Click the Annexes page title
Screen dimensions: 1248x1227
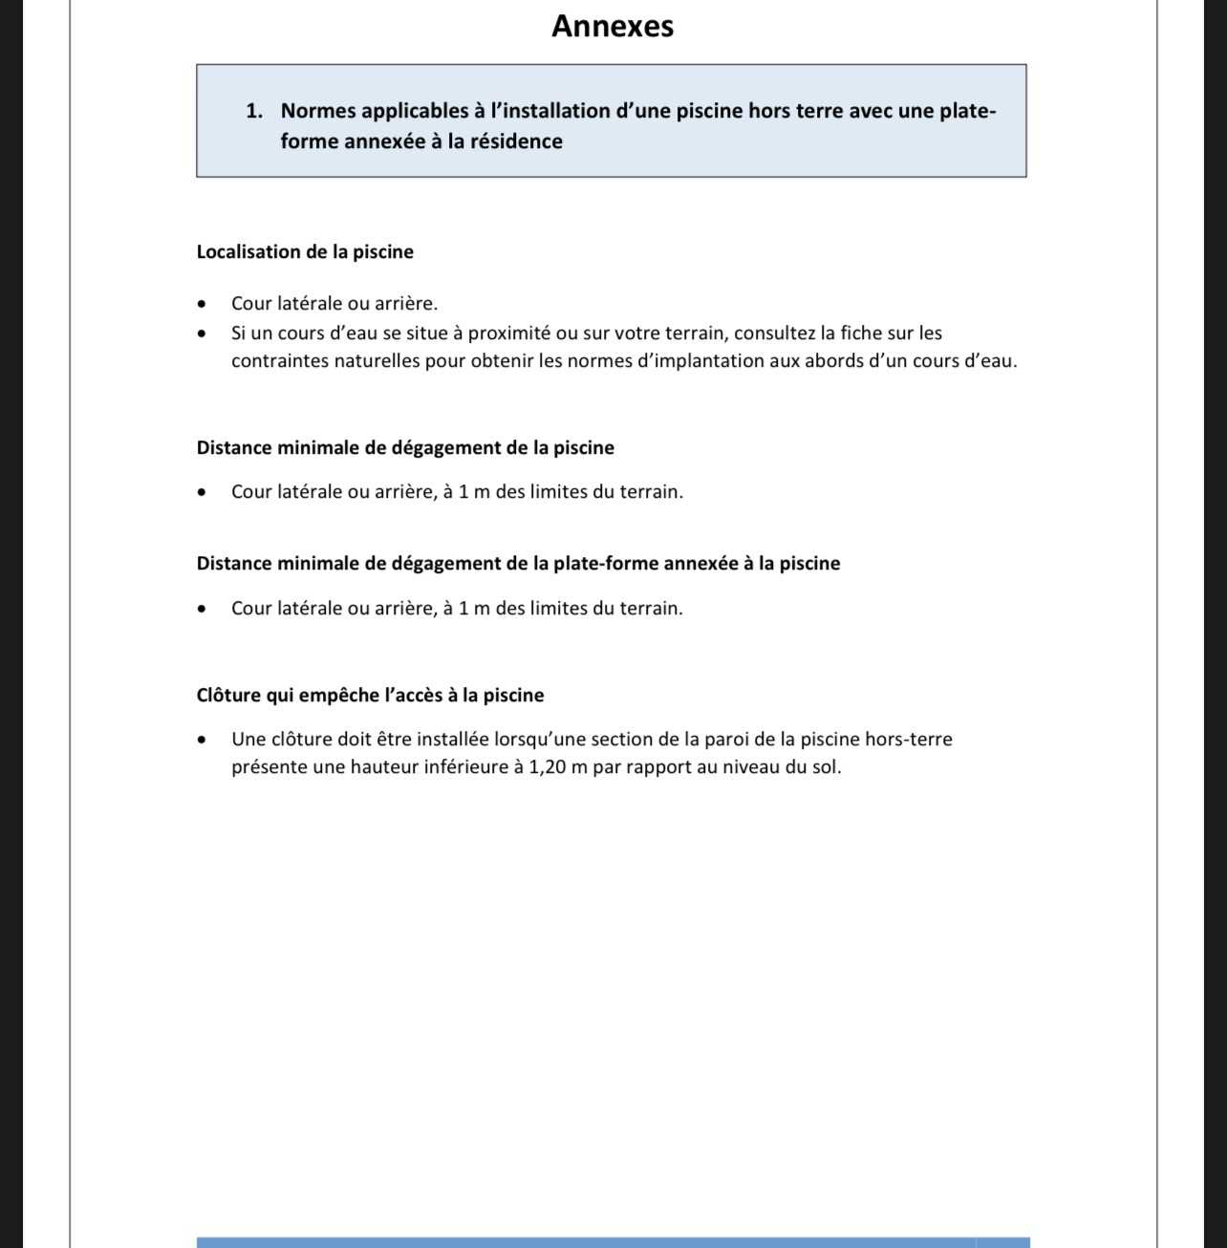(x=613, y=26)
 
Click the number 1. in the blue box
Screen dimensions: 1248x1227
(x=254, y=111)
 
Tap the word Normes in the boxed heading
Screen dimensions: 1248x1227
(x=318, y=111)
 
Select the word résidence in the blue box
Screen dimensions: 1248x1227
(x=516, y=141)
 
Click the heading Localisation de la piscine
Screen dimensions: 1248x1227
(x=305, y=252)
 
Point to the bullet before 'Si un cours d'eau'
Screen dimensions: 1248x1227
(x=202, y=334)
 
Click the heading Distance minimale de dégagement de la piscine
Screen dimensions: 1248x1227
(x=405, y=448)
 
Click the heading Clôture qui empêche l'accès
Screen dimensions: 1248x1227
(x=370, y=696)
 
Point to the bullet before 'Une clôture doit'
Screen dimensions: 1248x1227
(x=202, y=741)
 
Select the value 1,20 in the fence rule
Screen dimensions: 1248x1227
(x=547, y=767)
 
